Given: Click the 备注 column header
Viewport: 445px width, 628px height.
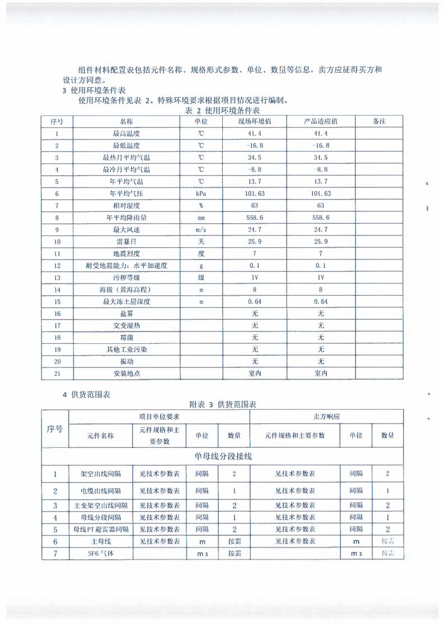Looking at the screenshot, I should [x=379, y=121].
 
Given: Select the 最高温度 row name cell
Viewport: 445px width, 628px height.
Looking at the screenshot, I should [x=126, y=134].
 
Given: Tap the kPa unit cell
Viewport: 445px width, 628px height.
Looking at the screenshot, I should [x=201, y=193].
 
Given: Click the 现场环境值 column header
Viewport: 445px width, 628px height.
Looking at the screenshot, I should [x=255, y=121].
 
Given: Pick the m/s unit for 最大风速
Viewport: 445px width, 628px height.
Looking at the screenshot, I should [x=201, y=230].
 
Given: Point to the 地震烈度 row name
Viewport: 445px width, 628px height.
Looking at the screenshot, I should [x=126, y=254].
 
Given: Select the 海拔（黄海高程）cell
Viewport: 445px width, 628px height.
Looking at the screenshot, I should [x=126, y=290].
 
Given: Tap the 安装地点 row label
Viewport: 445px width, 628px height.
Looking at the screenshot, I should [x=126, y=374].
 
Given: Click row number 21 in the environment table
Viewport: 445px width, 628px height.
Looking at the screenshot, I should [x=57, y=374].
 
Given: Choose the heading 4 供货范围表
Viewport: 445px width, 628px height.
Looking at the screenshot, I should [x=86, y=395].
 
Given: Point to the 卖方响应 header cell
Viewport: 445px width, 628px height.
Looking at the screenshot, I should [x=327, y=417].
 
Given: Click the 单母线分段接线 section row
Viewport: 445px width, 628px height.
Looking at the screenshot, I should [x=222, y=456].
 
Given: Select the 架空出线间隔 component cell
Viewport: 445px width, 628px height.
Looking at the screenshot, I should [x=101, y=474].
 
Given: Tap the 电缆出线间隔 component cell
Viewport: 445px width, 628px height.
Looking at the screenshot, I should [x=101, y=491].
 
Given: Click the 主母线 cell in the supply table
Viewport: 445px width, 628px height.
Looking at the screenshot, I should [x=101, y=541].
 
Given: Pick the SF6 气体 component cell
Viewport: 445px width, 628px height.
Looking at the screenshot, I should [x=101, y=554].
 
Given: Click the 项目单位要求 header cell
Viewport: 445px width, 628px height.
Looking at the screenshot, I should [x=159, y=417].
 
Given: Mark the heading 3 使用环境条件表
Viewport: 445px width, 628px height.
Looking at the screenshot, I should [x=93, y=91].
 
